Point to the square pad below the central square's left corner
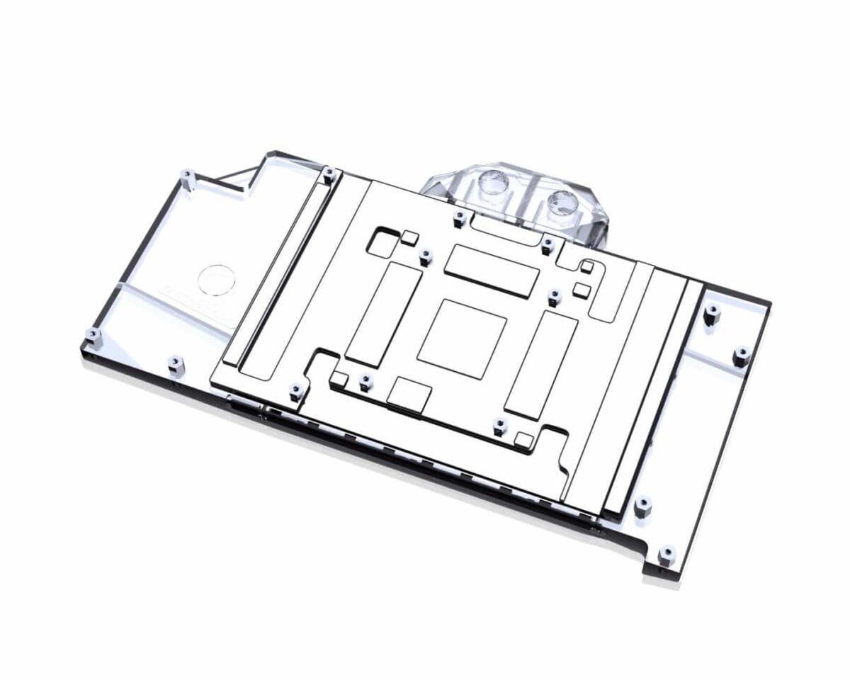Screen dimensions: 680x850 pos(409,394)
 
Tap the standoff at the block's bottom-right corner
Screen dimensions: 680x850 pos(665,553)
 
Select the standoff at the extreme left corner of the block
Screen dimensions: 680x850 pos(90,335)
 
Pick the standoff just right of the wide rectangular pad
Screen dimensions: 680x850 pos(555,295)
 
